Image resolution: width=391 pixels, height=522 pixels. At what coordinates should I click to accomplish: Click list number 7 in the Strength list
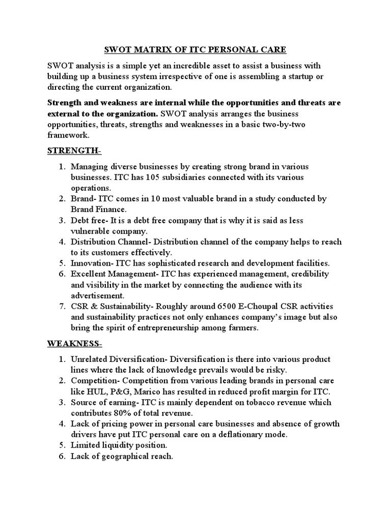(x=60, y=306)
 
